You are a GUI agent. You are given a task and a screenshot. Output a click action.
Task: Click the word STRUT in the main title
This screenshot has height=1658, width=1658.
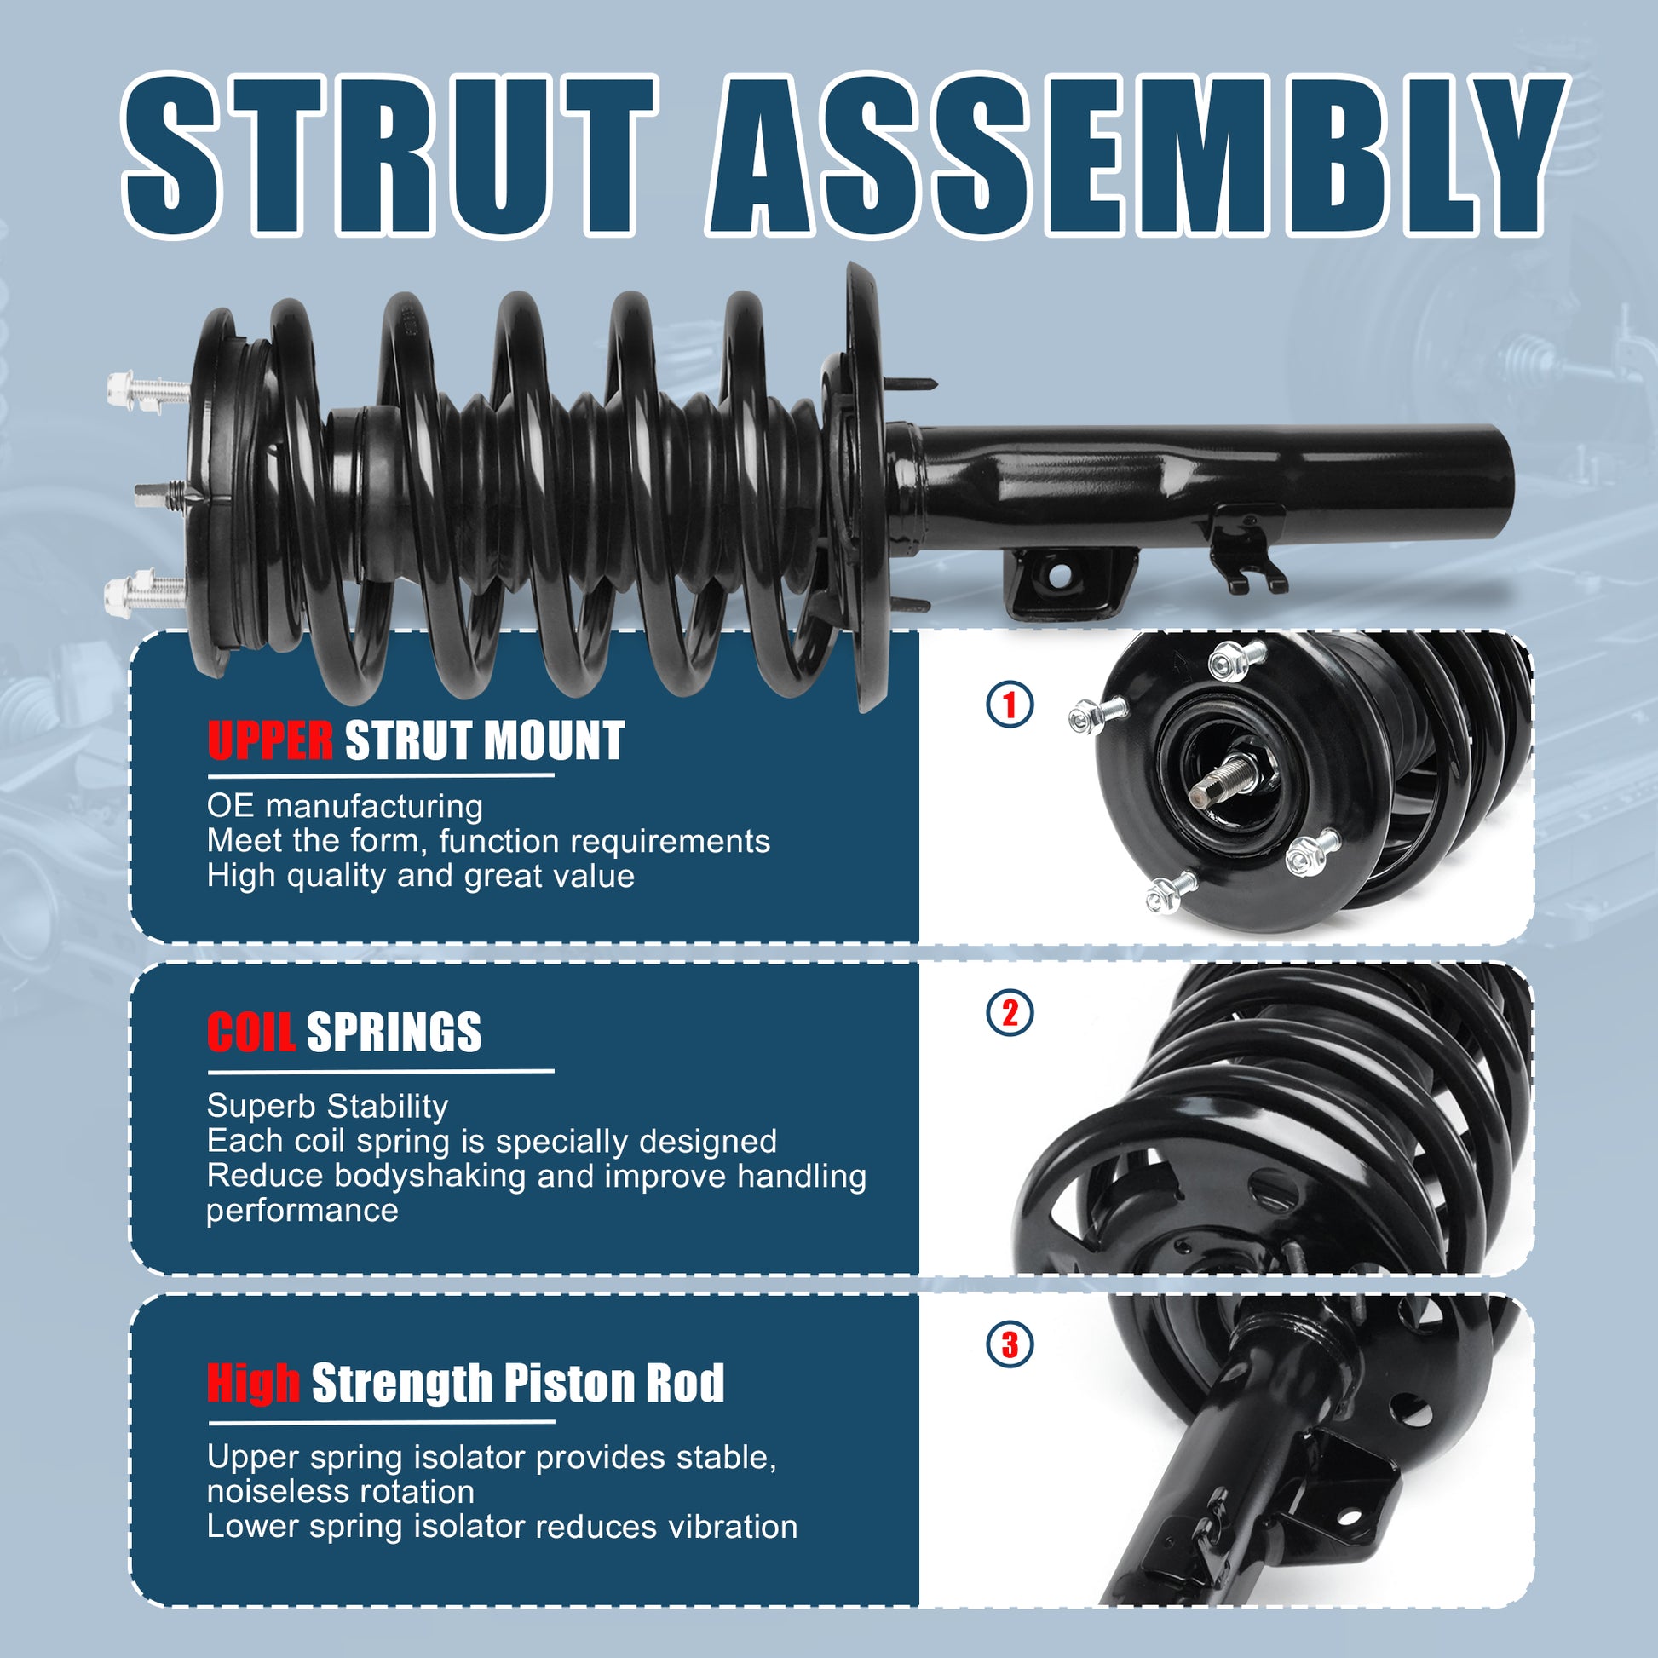click(390, 155)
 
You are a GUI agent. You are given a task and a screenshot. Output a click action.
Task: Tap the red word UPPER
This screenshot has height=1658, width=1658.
click(269, 740)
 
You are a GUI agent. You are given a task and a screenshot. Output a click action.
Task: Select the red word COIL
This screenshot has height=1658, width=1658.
click(250, 1032)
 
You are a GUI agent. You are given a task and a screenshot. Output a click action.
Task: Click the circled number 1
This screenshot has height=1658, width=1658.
click(1010, 705)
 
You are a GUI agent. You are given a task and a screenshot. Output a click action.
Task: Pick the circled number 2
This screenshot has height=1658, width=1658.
click(1010, 1013)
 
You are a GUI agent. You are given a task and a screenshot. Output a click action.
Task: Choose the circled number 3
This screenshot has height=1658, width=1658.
click(1010, 1344)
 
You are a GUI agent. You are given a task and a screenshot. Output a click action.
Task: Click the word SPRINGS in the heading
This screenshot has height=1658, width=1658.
click(394, 1032)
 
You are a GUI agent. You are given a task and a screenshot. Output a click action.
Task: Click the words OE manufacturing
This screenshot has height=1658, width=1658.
click(345, 807)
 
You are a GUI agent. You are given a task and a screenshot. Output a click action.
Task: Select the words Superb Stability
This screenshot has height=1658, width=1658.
click(327, 1106)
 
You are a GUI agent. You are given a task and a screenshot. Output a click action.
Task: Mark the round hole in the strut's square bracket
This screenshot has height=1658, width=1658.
click(1060, 577)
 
